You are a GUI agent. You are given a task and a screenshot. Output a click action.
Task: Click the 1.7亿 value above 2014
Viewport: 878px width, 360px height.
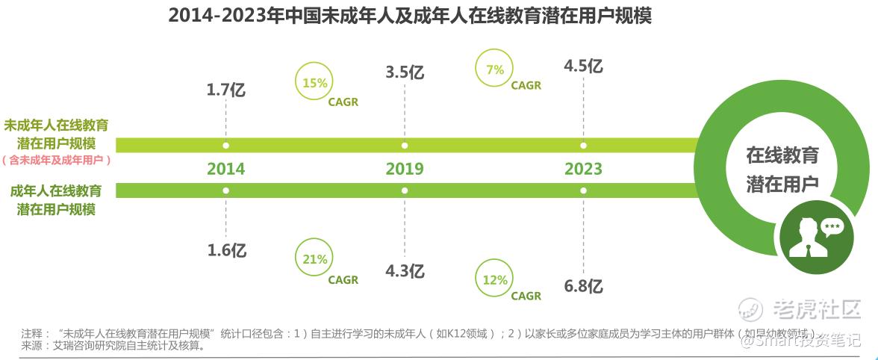225,90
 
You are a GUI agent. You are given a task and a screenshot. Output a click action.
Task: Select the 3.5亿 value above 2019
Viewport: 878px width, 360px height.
405,72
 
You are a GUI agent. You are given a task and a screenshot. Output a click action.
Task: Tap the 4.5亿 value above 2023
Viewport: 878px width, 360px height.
583,66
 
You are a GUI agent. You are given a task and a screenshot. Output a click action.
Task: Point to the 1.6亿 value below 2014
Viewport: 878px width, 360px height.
225,249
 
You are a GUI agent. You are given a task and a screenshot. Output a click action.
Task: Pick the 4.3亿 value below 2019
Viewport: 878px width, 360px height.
405,270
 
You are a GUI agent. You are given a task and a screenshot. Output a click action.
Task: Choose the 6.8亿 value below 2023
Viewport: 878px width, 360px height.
583,285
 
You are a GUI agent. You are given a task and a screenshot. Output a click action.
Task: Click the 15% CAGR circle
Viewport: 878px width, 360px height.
315,83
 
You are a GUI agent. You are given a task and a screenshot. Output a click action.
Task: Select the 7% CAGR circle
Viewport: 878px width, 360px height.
494,69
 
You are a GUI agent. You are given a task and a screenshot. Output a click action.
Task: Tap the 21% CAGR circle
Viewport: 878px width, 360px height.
315,259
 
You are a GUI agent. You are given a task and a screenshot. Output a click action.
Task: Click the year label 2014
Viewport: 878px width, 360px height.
225,168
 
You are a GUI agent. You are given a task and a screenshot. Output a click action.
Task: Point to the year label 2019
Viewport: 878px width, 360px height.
405,168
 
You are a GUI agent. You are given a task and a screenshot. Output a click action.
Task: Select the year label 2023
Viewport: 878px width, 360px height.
583,168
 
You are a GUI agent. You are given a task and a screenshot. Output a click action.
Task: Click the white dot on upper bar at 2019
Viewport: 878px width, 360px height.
405,145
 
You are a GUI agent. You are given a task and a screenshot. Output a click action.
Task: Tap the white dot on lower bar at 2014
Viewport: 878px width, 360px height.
225,190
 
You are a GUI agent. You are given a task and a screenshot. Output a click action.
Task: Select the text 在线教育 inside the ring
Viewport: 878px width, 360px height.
782,155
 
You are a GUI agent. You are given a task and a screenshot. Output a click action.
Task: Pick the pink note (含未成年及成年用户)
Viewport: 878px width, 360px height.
57,160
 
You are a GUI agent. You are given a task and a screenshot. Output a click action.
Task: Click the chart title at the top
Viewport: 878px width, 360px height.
410,16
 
